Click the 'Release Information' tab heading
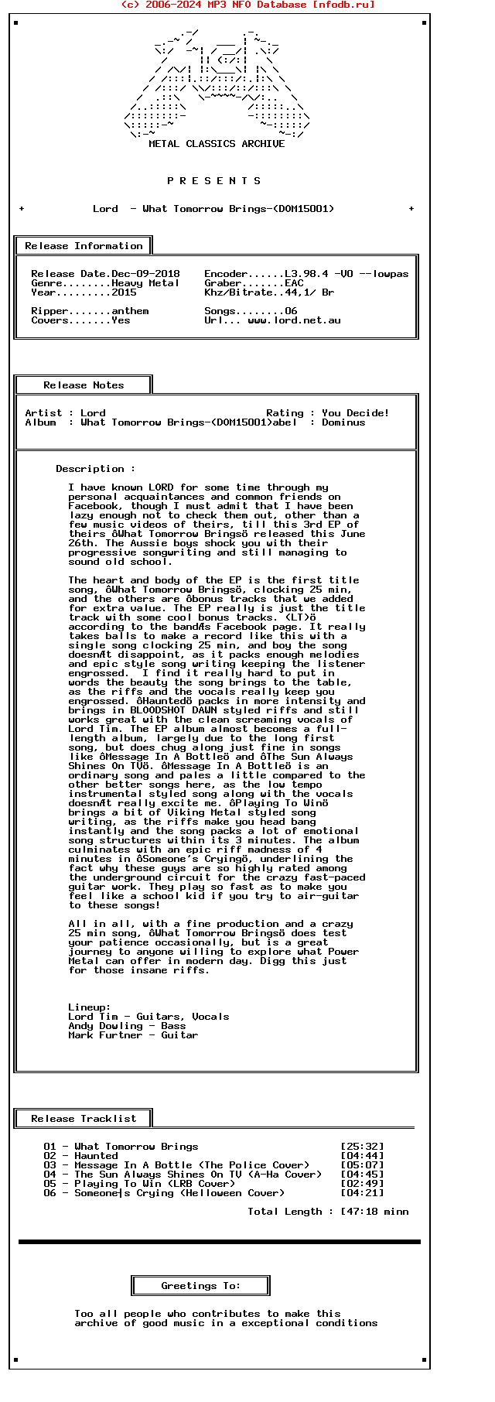84,246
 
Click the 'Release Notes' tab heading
84,385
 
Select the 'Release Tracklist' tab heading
84,1119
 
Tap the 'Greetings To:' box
201,1286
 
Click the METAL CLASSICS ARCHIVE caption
217,144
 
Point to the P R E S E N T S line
214,181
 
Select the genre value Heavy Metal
145,283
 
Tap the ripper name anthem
130,311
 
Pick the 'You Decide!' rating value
356,413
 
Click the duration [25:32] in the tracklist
362,1147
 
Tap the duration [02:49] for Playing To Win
362,1184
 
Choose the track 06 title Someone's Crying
124,1193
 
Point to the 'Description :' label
96,469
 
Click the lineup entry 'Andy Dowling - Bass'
127,1026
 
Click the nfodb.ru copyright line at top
247,5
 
